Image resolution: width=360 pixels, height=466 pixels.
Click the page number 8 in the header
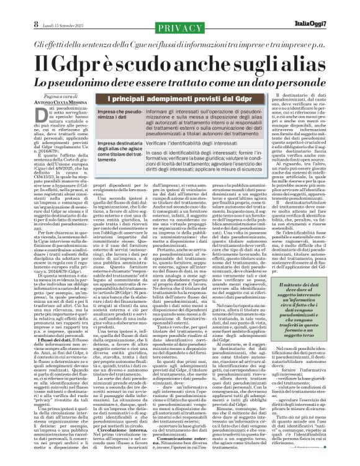(11, 8)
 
